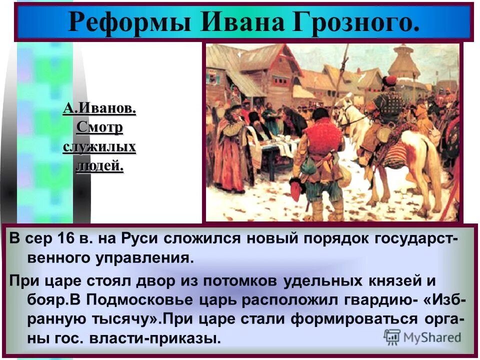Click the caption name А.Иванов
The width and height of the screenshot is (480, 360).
click(99, 108)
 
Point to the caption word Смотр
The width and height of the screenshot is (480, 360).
click(99, 127)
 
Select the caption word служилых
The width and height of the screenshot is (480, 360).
click(99, 147)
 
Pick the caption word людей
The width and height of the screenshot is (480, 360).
click(99, 166)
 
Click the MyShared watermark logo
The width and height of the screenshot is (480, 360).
click(422, 337)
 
